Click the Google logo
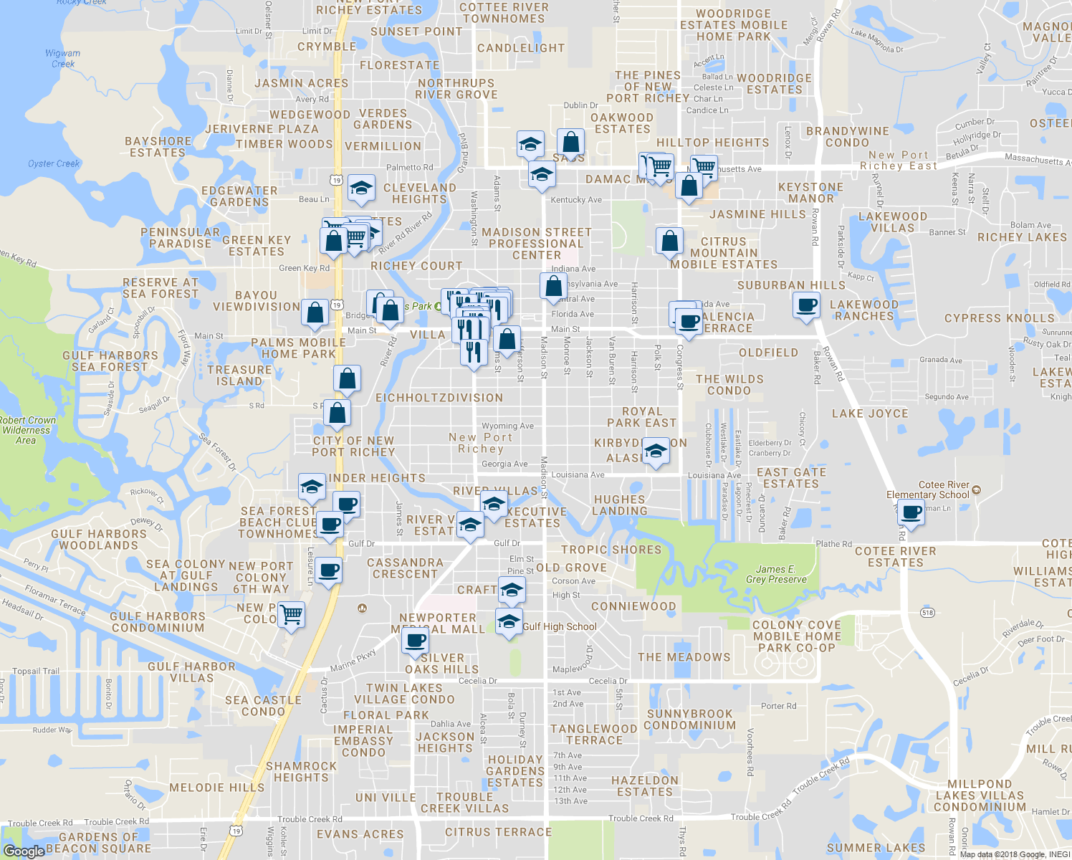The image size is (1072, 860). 24,851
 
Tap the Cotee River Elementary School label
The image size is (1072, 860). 928,489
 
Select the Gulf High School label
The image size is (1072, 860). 559,626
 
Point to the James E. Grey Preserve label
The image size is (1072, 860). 776,574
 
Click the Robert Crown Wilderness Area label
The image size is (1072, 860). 27,430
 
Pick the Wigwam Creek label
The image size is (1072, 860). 63,58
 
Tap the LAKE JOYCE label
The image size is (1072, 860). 870,414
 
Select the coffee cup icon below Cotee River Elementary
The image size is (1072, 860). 911,512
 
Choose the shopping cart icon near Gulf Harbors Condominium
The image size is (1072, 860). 291,614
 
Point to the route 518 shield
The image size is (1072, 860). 928,613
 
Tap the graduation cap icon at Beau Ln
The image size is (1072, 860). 361,188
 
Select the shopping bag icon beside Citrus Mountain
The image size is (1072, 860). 669,241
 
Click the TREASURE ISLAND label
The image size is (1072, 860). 239,376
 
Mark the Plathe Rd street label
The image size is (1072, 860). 834,544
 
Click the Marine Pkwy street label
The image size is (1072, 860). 353,660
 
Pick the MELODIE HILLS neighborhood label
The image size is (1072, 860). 216,788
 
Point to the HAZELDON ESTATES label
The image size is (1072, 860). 645,786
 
